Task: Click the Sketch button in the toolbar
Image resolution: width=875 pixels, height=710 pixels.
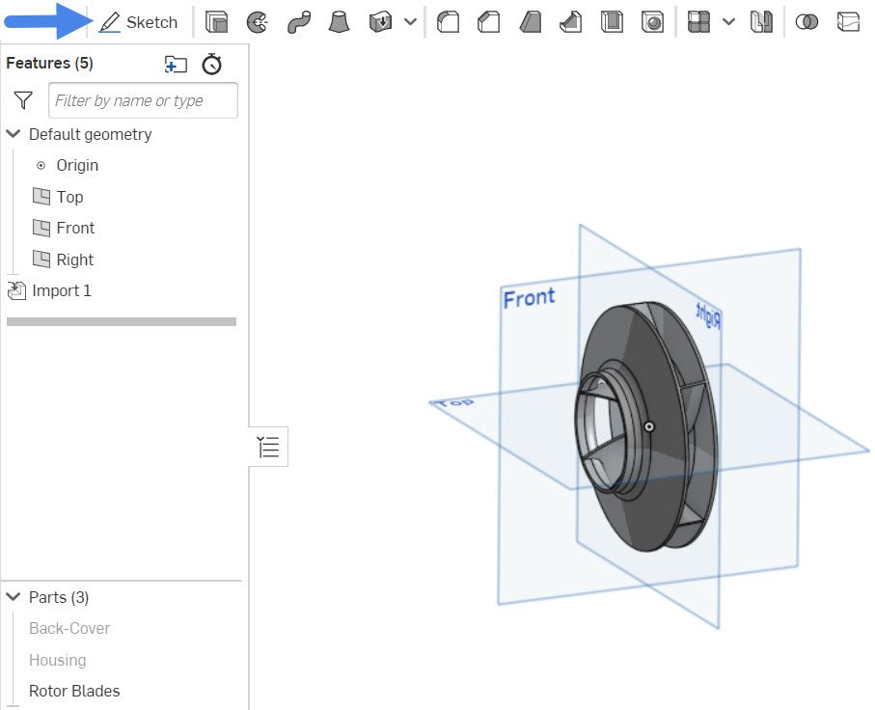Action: pos(139,22)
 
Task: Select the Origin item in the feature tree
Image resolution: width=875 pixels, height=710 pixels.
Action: pos(76,165)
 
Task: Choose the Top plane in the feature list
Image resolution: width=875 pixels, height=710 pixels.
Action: pos(69,197)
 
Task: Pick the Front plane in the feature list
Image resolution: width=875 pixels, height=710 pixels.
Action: pos(74,228)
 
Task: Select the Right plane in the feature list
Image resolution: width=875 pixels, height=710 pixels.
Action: pos(74,259)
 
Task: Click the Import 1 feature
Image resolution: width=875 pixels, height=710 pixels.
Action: pos(61,290)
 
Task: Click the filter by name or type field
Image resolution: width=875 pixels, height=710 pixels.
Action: pos(143,100)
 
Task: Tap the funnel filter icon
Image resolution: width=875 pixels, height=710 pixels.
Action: pos(24,100)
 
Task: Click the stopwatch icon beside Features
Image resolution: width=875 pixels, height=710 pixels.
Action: pos(212,64)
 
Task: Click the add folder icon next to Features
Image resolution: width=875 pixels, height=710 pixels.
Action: pos(176,64)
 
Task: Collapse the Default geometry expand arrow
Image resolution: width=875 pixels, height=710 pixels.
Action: pos(14,134)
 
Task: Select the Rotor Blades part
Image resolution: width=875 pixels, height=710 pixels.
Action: pos(74,691)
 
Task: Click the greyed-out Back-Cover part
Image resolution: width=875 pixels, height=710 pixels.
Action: pos(69,628)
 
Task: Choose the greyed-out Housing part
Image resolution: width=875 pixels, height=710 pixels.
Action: pos(57,660)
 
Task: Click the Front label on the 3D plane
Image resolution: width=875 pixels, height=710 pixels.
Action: pos(529,298)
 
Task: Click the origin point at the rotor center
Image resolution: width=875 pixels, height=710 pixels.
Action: pos(650,425)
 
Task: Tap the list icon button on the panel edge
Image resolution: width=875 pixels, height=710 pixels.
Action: pos(268,447)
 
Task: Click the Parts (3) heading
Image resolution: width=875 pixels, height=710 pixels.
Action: pos(59,597)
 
